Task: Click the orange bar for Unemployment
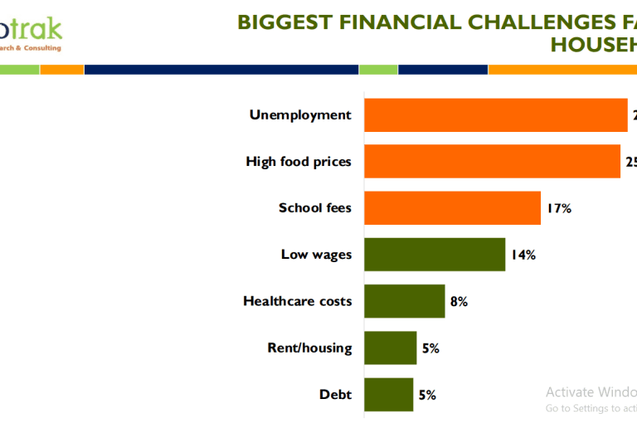(495, 115)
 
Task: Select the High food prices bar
(492, 162)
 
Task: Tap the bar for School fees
(452, 208)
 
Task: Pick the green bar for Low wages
(435, 255)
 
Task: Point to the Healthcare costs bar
(404, 301)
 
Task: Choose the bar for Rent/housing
(390, 348)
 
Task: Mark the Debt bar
(388, 395)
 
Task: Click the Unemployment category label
(300, 115)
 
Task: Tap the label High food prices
(299, 162)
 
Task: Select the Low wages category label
(316, 255)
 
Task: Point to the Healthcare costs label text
(297, 301)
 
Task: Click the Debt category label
(335, 395)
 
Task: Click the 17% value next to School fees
(558, 208)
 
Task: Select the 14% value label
(523, 255)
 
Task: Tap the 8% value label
(459, 302)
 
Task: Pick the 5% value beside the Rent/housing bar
(430, 348)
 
